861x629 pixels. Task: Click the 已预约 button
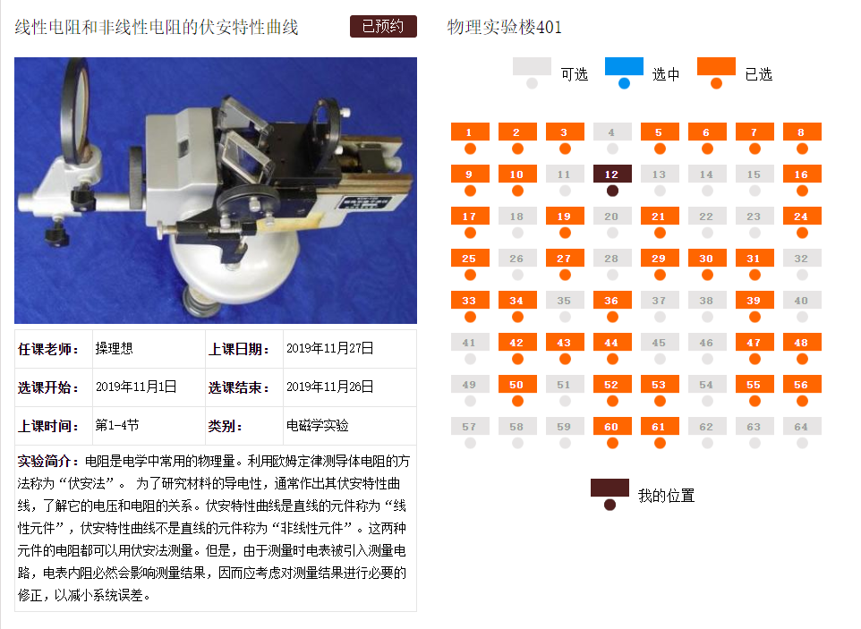382,27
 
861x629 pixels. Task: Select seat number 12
612,174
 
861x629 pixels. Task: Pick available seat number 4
612,132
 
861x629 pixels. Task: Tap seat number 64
801,427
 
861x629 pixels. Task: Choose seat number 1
470,132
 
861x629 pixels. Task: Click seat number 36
612,301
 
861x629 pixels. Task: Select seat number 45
660,343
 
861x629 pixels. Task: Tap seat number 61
660,427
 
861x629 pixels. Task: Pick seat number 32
801,259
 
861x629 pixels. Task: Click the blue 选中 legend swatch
624,67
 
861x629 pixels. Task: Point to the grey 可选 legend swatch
532,67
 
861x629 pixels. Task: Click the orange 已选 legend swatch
716,67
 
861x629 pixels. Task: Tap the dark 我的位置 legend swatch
610,489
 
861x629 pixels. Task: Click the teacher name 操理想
114,349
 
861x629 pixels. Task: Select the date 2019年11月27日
329,349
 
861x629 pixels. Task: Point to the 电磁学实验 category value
317,426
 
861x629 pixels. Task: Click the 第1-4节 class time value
116,426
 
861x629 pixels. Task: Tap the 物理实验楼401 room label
505,28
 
